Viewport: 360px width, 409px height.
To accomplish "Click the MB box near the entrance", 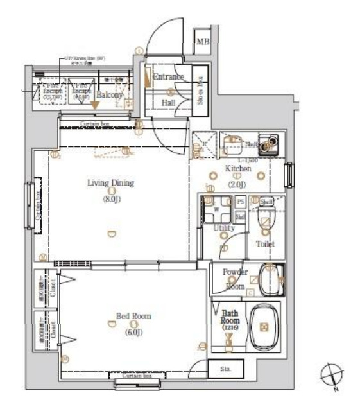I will (x=203, y=42).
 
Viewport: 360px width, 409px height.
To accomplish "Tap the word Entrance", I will (x=169, y=77).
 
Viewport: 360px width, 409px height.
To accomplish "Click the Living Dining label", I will (x=110, y=183).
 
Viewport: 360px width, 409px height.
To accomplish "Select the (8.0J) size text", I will (x=110, y=199).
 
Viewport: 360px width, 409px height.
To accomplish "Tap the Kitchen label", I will (x=237, y=168).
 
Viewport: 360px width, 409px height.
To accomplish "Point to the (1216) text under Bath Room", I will (x=230, y=328).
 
